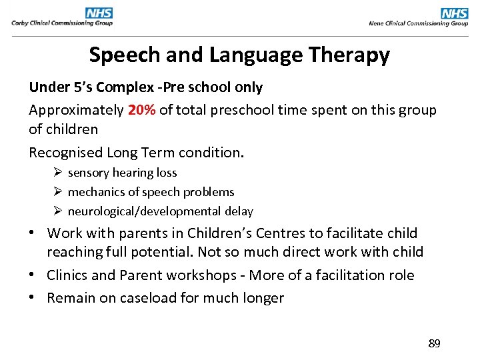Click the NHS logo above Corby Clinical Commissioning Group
coord(99,13)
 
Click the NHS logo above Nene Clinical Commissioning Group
coord(455,13)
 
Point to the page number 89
coord(434,344)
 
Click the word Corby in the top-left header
coord(19,23)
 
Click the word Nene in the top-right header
coord(376,23)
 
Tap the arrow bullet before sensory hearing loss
coord(59,173)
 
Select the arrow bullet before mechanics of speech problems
coord(59,192)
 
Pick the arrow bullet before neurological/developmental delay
coord(59,211)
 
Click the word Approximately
coord(76,110)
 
